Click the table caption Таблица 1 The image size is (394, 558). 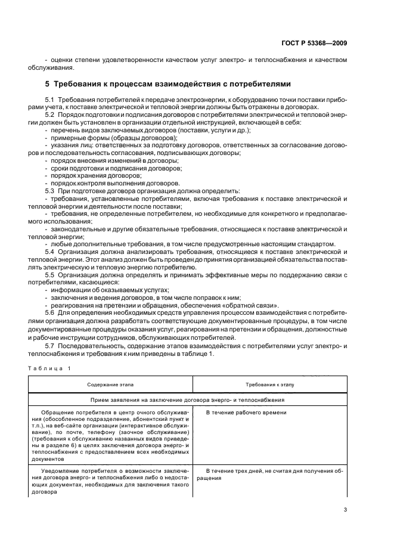tap(49, 368)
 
